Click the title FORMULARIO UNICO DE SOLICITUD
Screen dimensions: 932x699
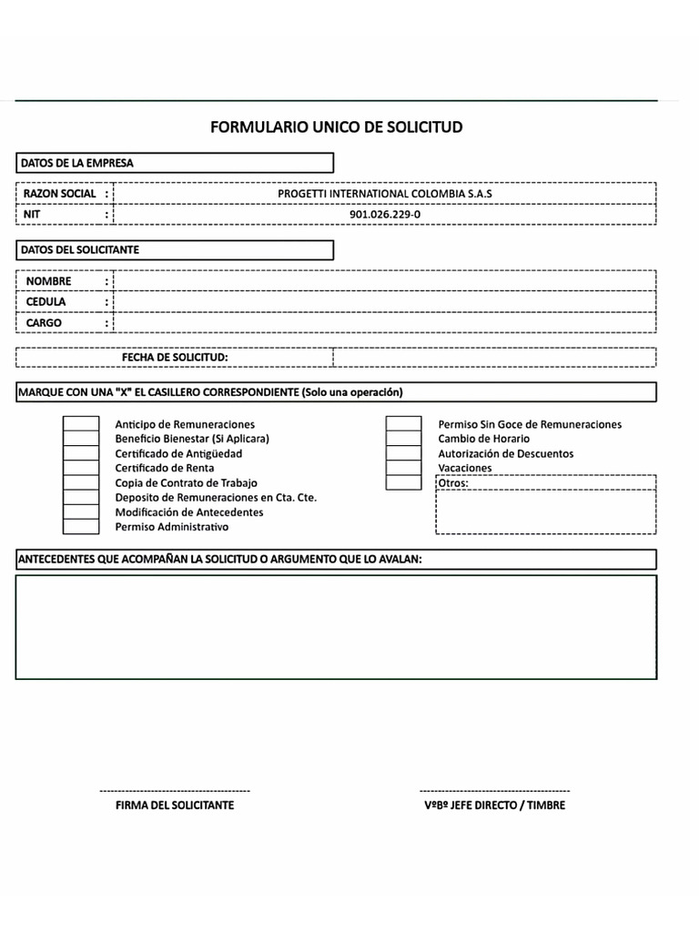pyautogui.click(x=336, y=127)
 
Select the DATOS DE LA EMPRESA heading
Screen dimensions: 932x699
pyautogui.click(x=76, y=163)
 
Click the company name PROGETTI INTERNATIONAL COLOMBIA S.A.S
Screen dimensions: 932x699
pyautogui.click(x=384, y=194)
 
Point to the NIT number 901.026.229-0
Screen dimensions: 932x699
pyautogui.click(x=385, y=215)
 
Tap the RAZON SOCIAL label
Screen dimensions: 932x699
pyautogui.click(x=59, y=194)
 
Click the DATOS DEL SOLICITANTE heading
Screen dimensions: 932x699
pyautogui.click(x=79, y=249)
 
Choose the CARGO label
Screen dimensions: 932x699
pyautogui.click(x=44, y=322)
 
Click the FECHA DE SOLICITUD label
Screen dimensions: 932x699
pyautogui.click(x=175, y=357)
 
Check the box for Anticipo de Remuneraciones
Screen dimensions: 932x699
pyautogui.click(x=81, y=424)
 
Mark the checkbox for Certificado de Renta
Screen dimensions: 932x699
pyautogui.click(x=81, y=468)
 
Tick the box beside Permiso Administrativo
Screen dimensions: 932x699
pyautogui.click(x=81, y=526)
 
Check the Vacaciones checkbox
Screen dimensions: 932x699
pyautogui.click(x=403, y=468)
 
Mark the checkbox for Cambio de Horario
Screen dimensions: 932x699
pyautogui.click(x=403, y=439)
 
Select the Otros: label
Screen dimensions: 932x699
pyautogui.click(x=453, y=482)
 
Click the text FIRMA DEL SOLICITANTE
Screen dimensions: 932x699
pyautogui.click(x=175, y=805)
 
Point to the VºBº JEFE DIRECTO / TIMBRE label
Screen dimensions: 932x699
pyautogui.click(x=494, y=805)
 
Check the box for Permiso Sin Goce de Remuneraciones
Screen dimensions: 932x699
pyautogui.click(x=403, y=424)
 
